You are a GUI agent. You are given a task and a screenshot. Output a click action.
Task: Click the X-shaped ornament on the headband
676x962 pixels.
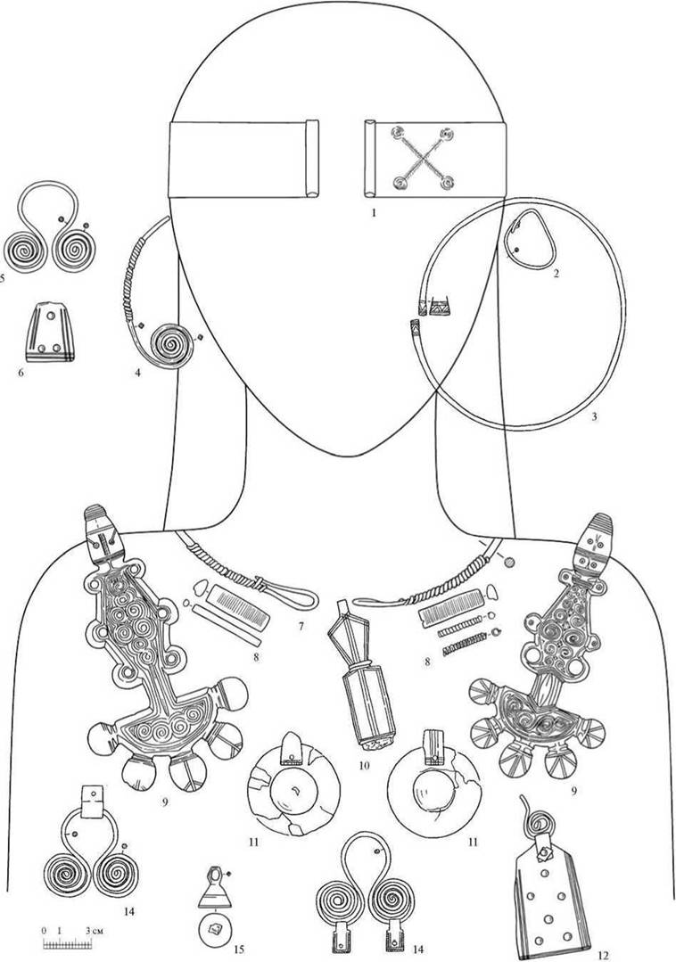pyautogui.click(x=422, y=158)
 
